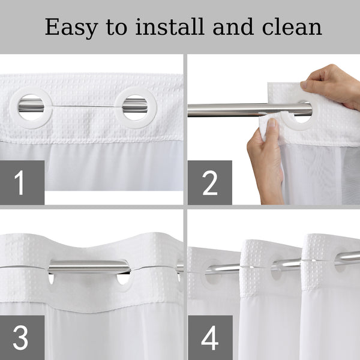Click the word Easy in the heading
[71, 28]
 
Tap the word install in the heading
[170, 26]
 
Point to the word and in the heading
[233, 26]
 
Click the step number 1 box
[22, 182]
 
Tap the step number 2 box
[210, 182]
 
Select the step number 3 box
[22, 337]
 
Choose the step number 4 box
[210, 337]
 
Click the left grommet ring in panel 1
[13, 107]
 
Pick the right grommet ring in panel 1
[118, 107]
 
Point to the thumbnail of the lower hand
[272, 123]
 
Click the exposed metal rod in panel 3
[89, 267]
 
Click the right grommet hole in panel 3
[123, 278]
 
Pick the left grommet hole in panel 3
[51, 278]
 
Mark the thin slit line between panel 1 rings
[83, 107]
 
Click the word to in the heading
[116, 28]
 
